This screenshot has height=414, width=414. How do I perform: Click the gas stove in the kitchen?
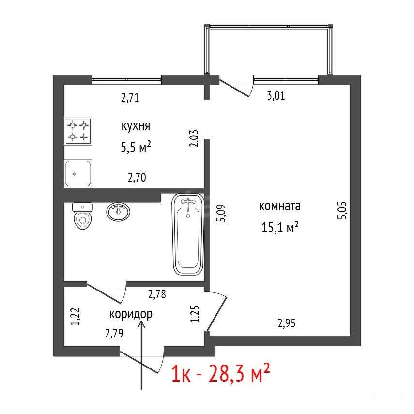click(78, 131)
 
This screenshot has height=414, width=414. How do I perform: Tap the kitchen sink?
click(78, 173)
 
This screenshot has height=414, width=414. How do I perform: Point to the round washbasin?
click(118, 212)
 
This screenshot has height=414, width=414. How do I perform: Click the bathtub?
click(188, 234)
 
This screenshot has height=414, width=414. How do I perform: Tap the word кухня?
click(136, 126)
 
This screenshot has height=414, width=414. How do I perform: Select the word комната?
click(280, 206)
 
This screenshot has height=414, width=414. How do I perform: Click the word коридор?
click(131, 314)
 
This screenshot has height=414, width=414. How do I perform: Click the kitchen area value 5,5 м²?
click(136, 147)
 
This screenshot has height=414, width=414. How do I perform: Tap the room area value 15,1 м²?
click(280, 227)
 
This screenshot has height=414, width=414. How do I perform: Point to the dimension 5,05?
click(342, 211)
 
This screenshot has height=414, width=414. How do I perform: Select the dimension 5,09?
click(221, 213)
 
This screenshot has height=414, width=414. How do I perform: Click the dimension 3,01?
click(276, 95)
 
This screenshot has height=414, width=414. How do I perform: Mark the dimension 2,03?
click(194, 138)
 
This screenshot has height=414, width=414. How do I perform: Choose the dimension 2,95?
click(287, 323)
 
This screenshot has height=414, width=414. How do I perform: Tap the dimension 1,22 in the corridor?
click(76, 317)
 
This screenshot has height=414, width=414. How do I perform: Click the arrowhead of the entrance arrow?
click(141, 323)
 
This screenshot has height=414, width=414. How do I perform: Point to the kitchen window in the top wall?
click(127, 79)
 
